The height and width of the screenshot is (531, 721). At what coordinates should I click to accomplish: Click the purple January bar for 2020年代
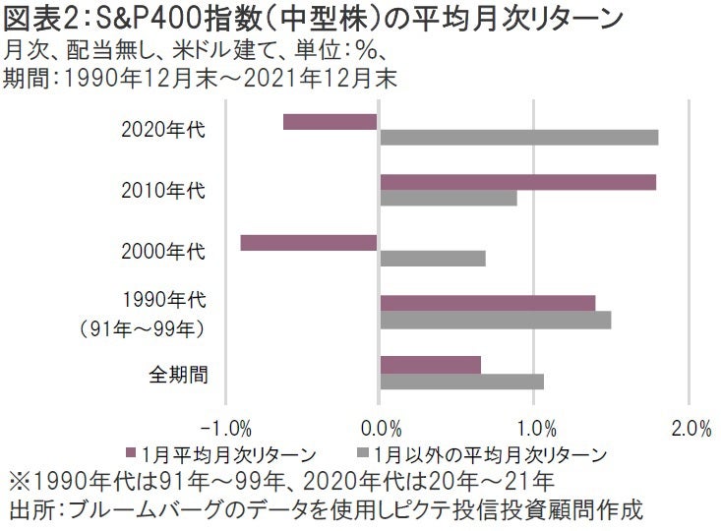pos(330,122)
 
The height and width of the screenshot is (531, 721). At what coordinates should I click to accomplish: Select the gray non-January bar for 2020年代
pos(518,138)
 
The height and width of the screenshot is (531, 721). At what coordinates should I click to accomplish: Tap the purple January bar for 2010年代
pos(517,182)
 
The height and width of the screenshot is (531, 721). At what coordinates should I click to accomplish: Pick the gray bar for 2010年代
pos(448,198)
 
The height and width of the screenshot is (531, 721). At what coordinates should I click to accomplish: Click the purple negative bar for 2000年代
pos(309,243)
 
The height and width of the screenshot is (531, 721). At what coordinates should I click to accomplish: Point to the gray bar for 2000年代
pos(432,259)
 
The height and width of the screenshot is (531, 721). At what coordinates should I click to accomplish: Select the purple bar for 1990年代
pos(487,303)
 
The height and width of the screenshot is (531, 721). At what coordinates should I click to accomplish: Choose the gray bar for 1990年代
pos(495,320)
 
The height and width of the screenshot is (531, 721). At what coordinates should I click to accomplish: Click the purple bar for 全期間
pos(430,365)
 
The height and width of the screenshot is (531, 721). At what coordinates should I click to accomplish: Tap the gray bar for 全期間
pos(461,381)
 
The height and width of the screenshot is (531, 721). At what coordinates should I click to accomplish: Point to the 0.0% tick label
pos(381,429)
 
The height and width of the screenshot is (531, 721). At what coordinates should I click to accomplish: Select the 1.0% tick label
pos(534,429)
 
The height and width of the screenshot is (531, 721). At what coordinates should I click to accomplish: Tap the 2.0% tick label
pos(689,429)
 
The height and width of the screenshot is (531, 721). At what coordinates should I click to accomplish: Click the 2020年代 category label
pos(162,129)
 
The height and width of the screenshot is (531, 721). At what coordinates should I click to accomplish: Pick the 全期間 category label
pos(177,373)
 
